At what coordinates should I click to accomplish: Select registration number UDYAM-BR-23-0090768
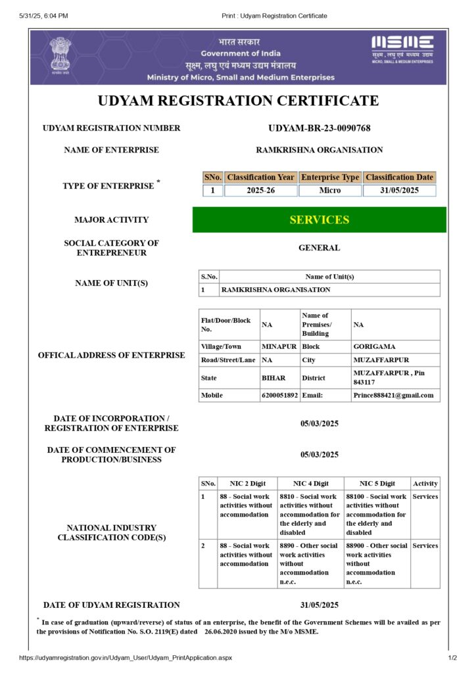tap(320, 128)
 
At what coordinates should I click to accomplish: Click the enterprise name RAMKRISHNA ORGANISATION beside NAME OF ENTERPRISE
tap(320, 150)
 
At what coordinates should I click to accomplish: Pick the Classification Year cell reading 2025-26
tap(260, 191)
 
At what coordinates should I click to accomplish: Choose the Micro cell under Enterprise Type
tap(330, 191)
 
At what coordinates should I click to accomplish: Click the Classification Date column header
tap(400, 177)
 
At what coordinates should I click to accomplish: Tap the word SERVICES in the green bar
tap(320, 220)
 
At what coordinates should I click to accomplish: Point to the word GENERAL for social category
tap(320, 248)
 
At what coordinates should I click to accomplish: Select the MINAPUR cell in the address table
tap(279, 346)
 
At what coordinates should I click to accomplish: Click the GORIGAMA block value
tap(374, 346)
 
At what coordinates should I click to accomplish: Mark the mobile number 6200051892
tap(279, 395)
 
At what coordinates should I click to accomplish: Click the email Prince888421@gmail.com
tap(393, 395)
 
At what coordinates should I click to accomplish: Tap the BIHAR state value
tap(274, 378)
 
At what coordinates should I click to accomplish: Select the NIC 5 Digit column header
tap(377, 483)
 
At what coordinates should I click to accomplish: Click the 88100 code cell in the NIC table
tap(377, 515)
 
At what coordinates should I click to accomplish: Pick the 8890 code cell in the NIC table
tap(310, 563)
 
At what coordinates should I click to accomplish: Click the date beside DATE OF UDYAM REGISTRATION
tap(320, 605)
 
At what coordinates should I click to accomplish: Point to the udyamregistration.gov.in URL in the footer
tap(126, 658)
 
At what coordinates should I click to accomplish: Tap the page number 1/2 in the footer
tap(452, 658)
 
